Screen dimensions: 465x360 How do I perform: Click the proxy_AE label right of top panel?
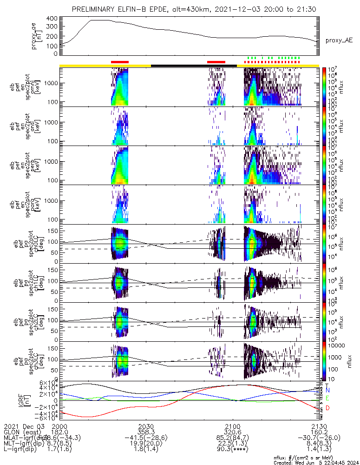(x=339, y=40)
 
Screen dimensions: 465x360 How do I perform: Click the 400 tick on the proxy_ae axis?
(x=52, y=19)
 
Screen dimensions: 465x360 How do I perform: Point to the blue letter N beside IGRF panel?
(x=327, y=390)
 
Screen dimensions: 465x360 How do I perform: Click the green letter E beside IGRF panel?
(x=327, y=399)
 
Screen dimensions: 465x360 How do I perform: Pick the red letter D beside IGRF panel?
(x=327, y=408)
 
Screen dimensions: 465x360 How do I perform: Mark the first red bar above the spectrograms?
(x=119, y=62)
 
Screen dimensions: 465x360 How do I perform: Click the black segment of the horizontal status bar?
(x=194, y=66)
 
